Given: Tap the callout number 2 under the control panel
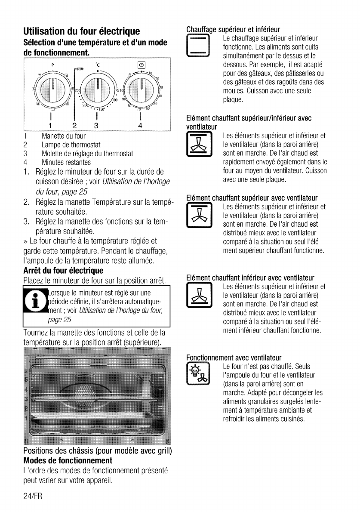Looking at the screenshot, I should pos(74,126).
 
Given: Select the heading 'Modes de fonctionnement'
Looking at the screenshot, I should pos(68,460).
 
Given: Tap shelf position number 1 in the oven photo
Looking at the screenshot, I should pos(26,418).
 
